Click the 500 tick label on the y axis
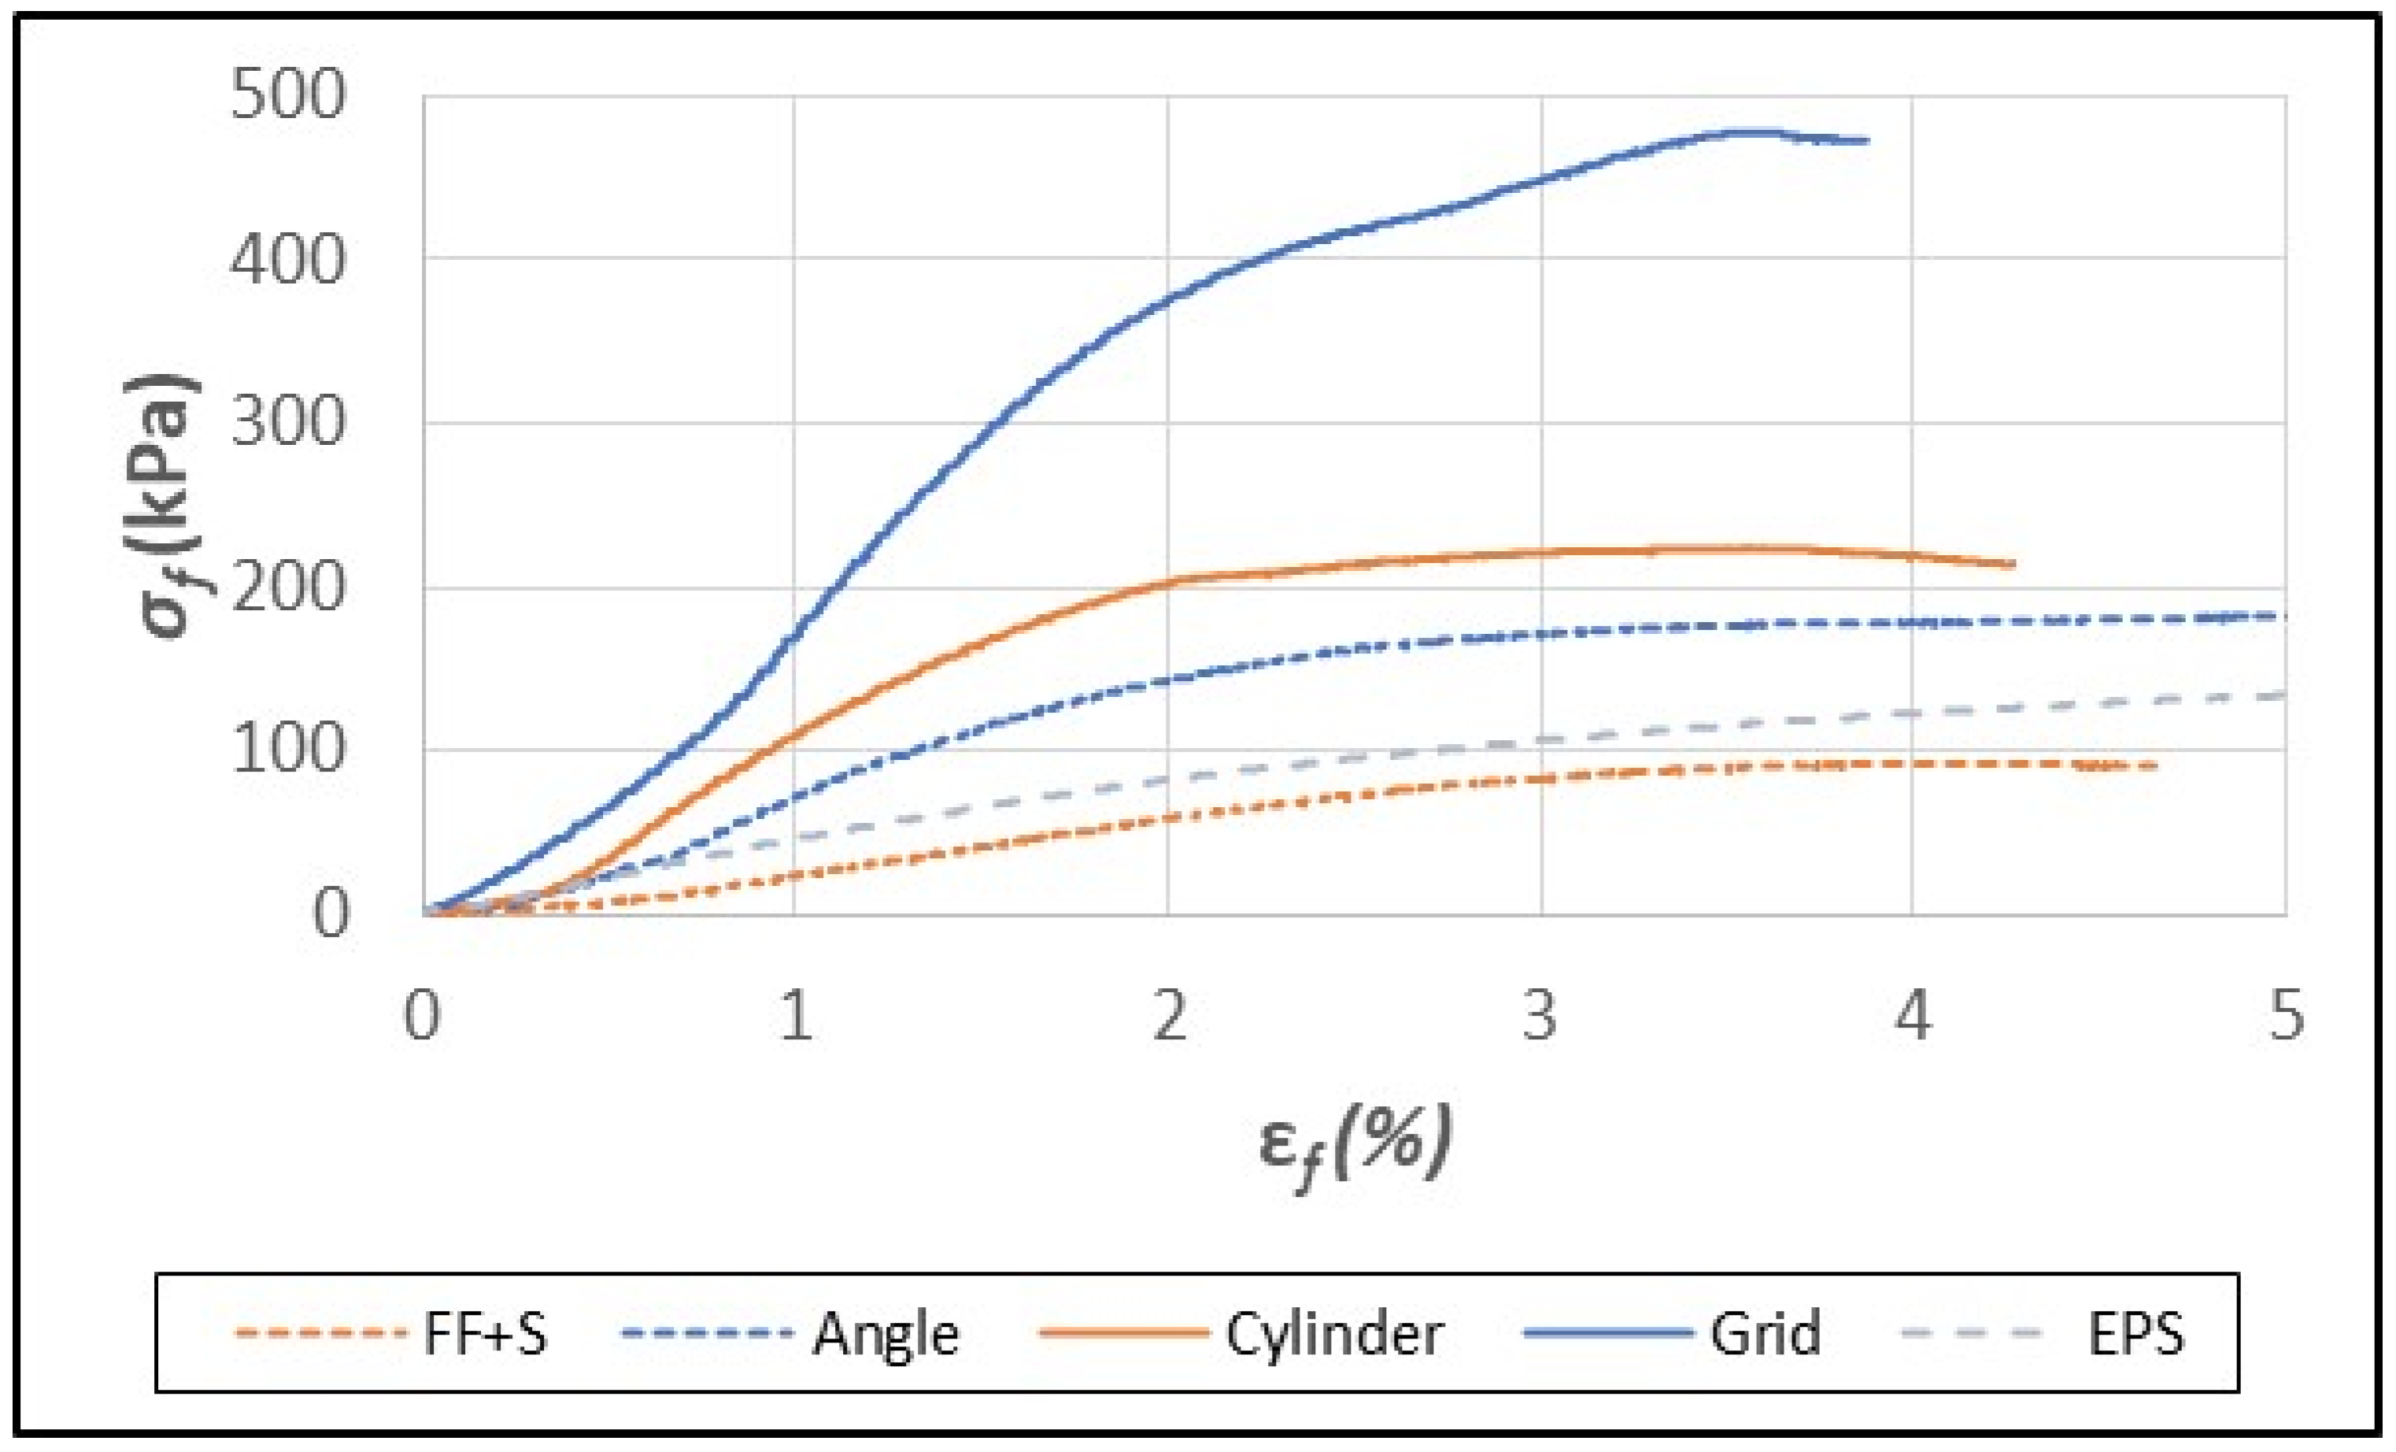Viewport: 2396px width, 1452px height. pos(288,95)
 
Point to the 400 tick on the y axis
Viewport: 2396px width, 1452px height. pos(288,260)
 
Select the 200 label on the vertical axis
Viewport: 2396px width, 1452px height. pos(288,587)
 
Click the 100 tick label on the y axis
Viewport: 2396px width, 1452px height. pos(288,750)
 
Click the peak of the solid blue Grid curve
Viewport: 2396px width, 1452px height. pos(1746,131)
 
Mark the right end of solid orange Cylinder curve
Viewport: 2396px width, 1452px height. pos(2012,564)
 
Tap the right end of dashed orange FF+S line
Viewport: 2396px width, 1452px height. pos(2155,766)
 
